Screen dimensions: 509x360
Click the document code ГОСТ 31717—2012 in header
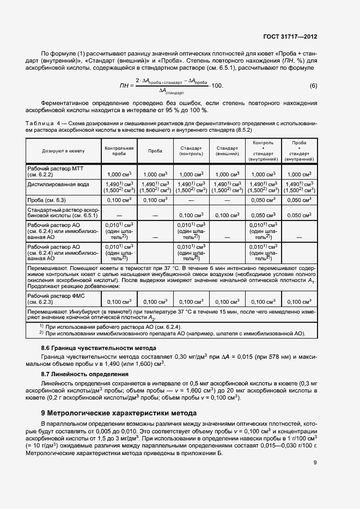tap(290, 37)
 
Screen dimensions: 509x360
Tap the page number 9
tap(315, 463)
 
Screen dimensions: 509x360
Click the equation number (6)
tap(313, 86)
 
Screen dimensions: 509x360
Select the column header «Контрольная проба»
tap(119, 150)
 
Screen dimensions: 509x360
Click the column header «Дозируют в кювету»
tap(62, 150)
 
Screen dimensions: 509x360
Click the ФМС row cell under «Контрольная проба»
tap(119, 301)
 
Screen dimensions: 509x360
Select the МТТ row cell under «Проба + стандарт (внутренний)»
tap(299, 174)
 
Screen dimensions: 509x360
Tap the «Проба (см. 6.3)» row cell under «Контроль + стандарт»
tap(263, 200)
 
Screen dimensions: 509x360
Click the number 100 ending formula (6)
tap(216, 86)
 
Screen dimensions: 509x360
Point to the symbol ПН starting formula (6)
tap(124, 86)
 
